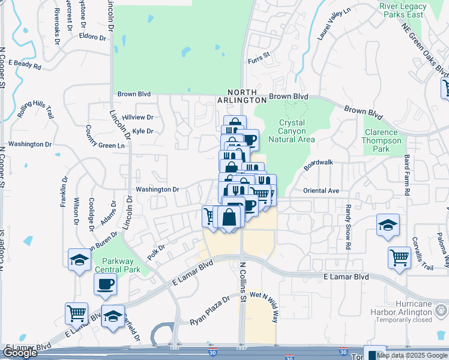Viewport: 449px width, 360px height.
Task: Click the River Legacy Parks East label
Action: click(x=403, y=10)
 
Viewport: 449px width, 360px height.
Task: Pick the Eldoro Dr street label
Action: click(x=92, y=37)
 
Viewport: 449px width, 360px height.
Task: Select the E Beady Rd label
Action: click(x=25, y=64)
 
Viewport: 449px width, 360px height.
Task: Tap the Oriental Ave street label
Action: click(x=321, y=191)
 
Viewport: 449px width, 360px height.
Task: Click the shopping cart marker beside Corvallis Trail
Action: click(x=399, y=258)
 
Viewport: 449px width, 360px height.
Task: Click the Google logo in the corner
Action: click(x=20, y=353)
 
